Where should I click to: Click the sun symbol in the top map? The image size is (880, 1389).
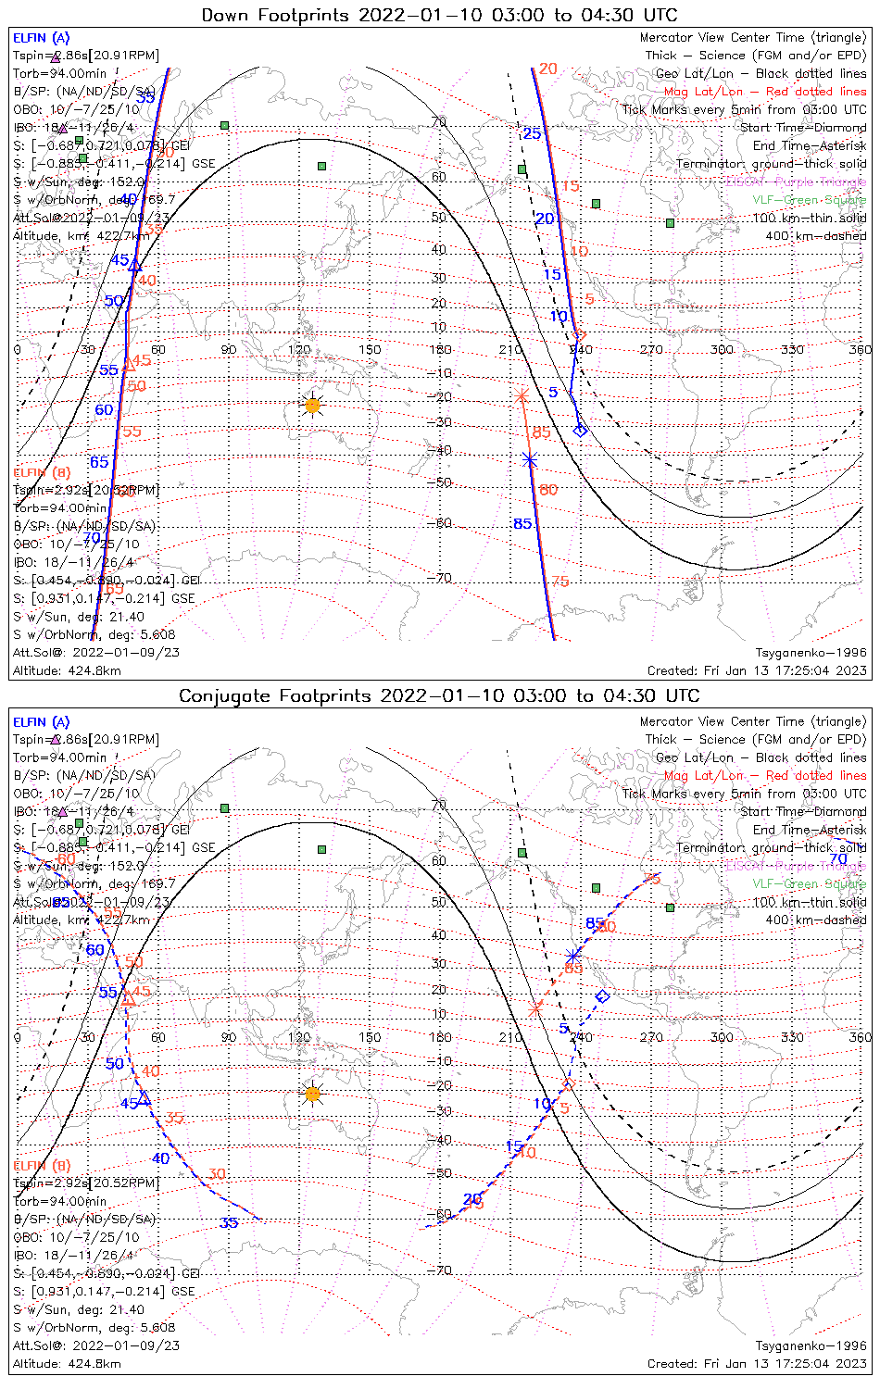coord(312,405)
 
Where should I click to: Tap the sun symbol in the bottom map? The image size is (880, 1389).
coord(312,1094)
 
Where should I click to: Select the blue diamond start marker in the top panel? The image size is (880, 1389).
coord(581,430)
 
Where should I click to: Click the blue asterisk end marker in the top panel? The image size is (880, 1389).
coord(530,459)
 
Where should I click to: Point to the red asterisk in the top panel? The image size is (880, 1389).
coord(522,395)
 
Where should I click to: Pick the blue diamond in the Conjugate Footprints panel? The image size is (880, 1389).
coord(602,996)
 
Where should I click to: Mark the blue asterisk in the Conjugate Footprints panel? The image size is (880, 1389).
coord(574,955)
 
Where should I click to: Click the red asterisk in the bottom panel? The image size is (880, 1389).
coord(535,1007)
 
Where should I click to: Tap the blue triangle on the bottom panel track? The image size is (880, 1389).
coord(145,1098)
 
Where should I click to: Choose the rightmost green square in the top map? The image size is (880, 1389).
coord(670,222)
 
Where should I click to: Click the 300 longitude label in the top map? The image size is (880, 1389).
coord(722,349)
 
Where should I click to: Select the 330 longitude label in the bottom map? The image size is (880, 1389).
coord(792,1036)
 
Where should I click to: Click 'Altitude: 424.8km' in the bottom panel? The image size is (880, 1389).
coord(67,1363)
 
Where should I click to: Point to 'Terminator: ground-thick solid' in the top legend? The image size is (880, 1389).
coord(771,164)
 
